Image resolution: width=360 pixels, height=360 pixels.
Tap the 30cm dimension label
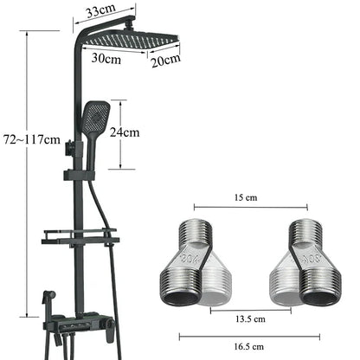click(x=106, y=58)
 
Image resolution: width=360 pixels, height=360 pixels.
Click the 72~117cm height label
click(x=31, y=138)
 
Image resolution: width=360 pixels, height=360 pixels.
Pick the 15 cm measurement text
click(x=250, y=196)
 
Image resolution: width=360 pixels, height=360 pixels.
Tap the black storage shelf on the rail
click(x=79, y=236)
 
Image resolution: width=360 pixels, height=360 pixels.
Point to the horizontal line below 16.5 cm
click(x=251, y=336)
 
